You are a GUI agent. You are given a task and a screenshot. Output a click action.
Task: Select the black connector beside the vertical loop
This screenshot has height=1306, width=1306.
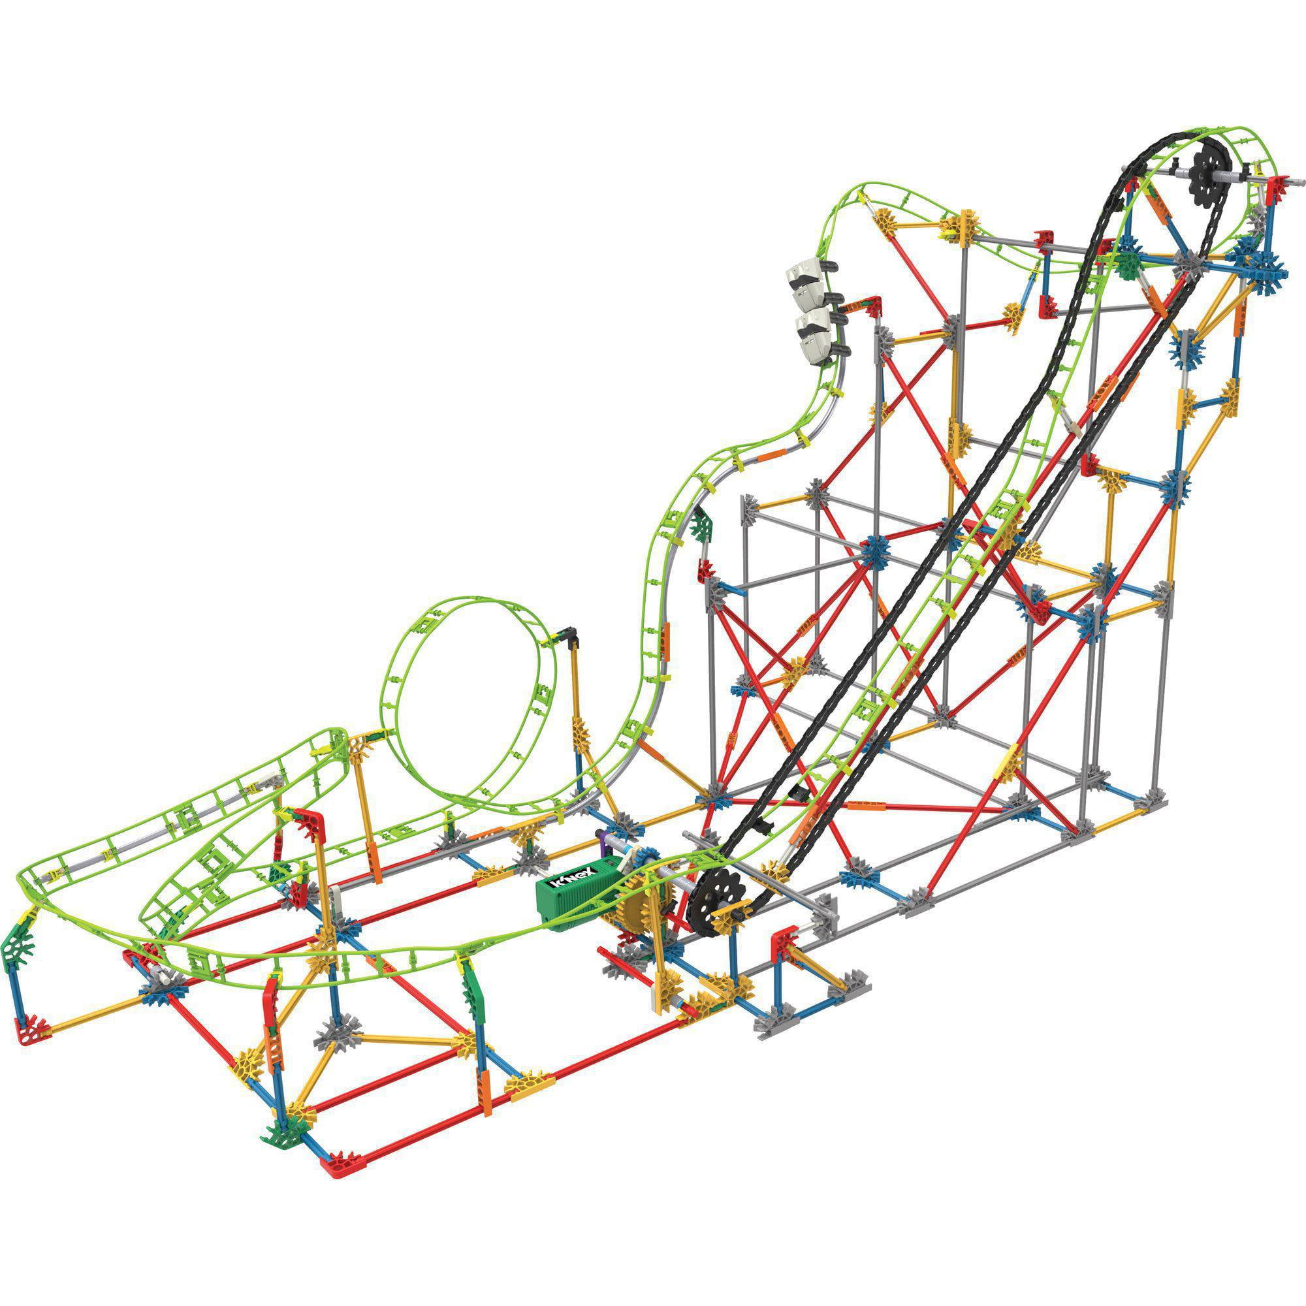coord(569,636)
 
